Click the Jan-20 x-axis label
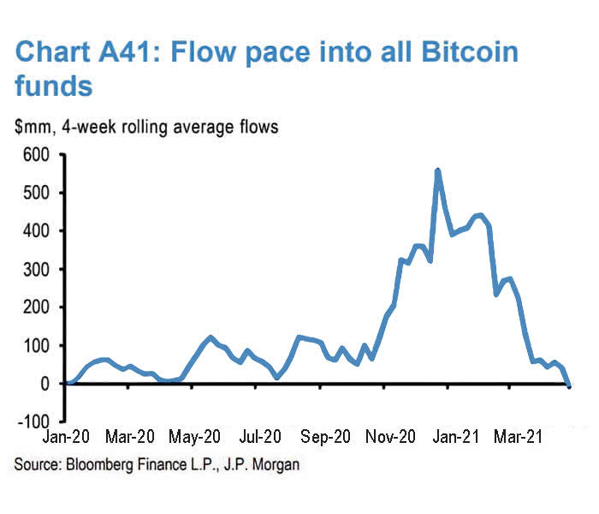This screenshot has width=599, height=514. point(66,438)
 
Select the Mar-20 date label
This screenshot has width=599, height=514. point(130,438)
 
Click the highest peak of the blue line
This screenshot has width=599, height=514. point(438,170)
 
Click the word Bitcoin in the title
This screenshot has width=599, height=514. point(464,53)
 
